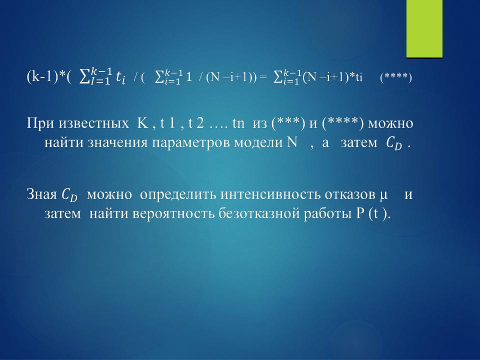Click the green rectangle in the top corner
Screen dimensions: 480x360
[424, 28]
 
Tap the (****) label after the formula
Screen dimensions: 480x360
[396, 77]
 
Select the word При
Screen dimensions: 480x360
[40, 123]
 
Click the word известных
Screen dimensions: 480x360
[93, 124]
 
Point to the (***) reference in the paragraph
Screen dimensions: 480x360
[288, 123]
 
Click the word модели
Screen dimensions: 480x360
[258, 143]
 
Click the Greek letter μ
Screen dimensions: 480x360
[384, 195]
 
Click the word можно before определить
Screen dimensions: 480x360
[109, 195]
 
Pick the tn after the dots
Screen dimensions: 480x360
[238, 123]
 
